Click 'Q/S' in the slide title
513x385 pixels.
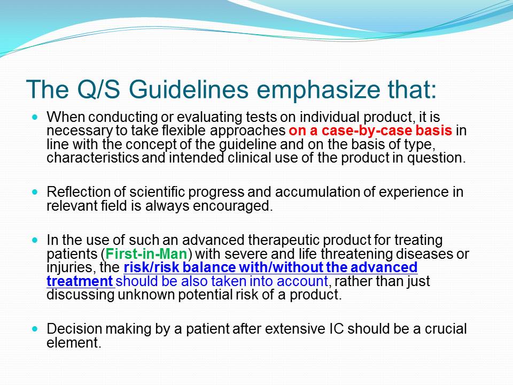pos(98,89)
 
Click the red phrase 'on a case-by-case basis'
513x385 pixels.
pos(370,130)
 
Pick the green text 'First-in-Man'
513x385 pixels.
pos(146,253)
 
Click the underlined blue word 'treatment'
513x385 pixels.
pos(80,281)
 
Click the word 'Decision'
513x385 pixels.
pos(74,329)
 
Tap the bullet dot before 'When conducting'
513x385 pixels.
pos(35,117)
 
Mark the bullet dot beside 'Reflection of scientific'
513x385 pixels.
pos(35,191)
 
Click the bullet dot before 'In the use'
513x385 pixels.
pos(35,240)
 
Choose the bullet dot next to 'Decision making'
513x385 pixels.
pos(35,328)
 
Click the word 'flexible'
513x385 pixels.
pos(184,130)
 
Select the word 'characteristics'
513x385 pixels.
pos(92,158)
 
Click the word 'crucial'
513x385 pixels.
pos(446,329)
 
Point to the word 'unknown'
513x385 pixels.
pos(146,295)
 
